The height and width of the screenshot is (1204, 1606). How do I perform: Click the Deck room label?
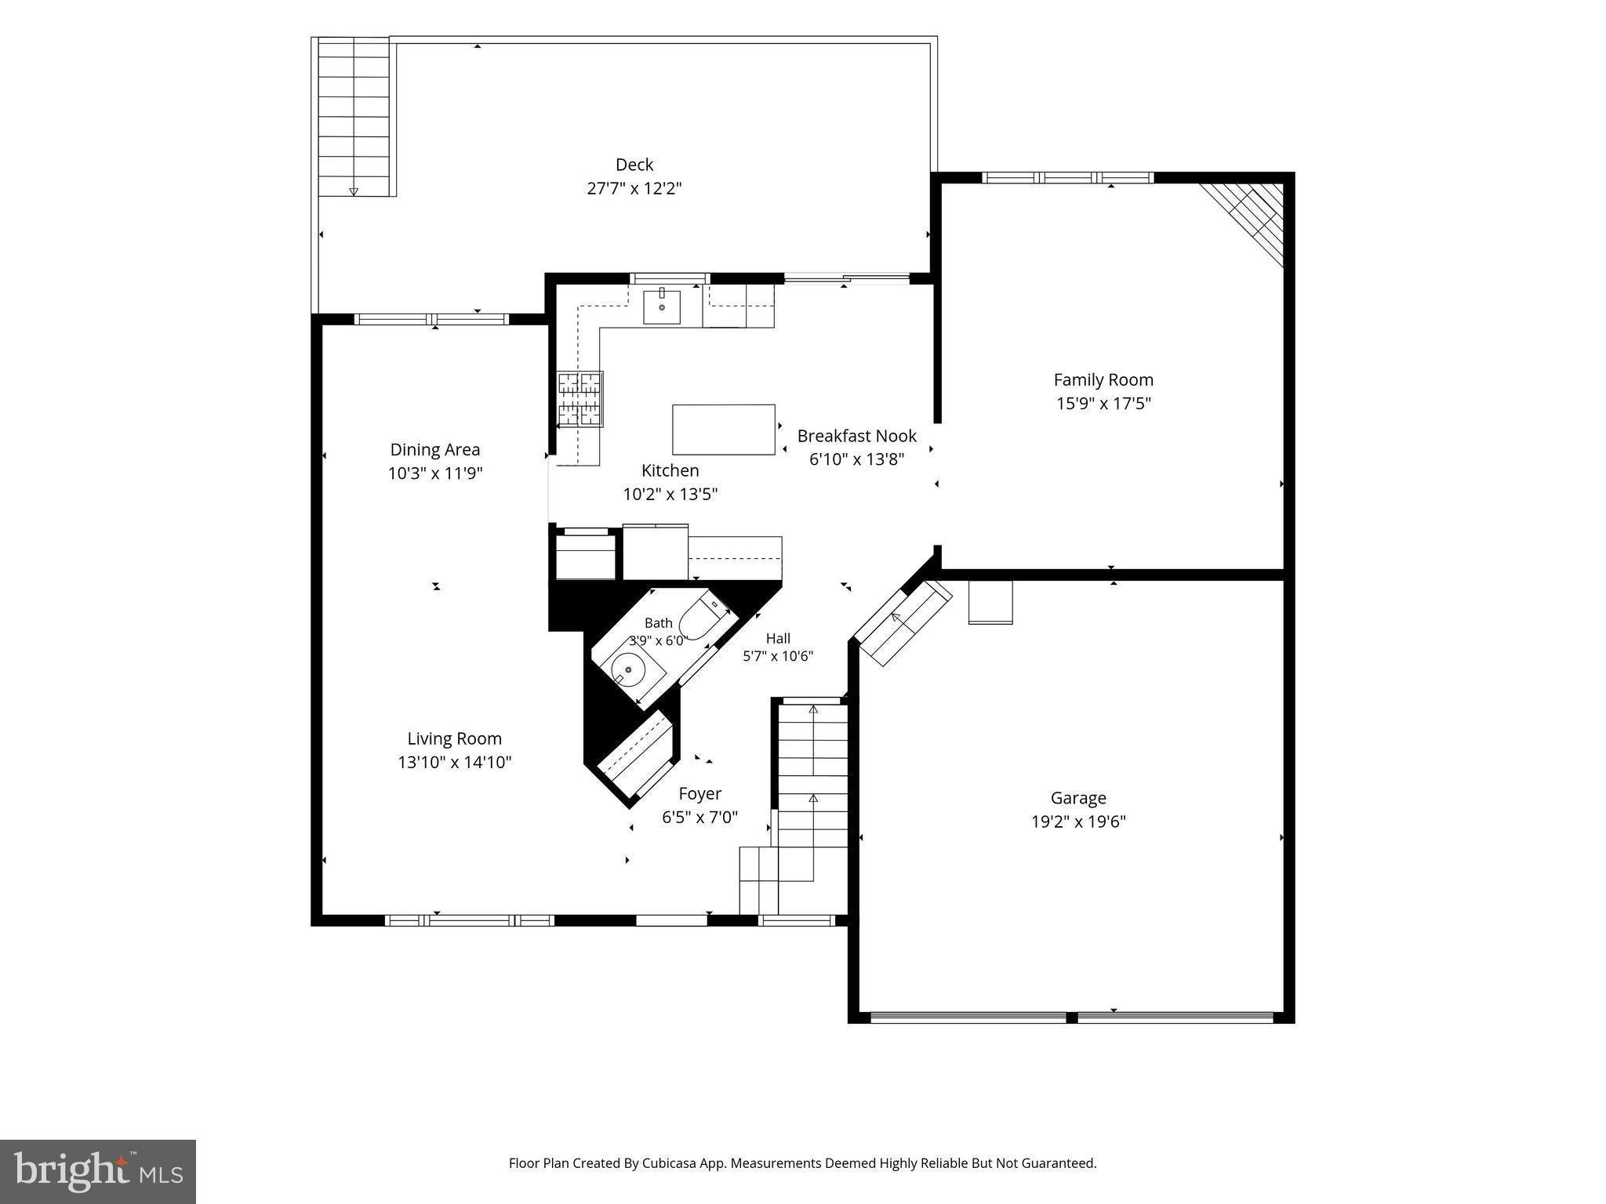(x=634, y=165)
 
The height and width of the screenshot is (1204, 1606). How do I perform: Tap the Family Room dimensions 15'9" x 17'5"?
(x=1103, y=404)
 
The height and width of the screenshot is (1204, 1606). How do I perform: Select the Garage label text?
(x=1078, y=798)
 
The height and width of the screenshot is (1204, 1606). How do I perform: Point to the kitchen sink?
(x=662, y=306)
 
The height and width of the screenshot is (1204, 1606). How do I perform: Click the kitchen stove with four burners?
(x=580, y=400)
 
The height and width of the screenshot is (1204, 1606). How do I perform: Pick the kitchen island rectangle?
(x=724, y=430)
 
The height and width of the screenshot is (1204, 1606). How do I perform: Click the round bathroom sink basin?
(x=628, y=670)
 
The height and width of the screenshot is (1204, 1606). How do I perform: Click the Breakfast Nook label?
(x=857, y=436)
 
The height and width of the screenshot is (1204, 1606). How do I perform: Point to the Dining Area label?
(x=435, y=450)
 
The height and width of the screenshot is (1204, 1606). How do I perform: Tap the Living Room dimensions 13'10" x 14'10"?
(x=455, y=762)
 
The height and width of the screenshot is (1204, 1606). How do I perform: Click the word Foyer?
(x=700, y=794)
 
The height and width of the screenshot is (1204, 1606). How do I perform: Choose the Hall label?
(x=778, y=638)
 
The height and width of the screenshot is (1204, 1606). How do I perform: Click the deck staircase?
(x=354, y=116)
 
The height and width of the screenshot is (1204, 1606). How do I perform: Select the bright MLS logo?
(x=98, y=1172)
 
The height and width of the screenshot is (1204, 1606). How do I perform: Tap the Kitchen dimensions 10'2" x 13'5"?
(x=670, y=495)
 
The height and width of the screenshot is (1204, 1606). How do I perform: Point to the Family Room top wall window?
(x=1068, y=178)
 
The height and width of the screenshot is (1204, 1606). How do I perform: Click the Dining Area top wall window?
(x=432, y=319)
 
